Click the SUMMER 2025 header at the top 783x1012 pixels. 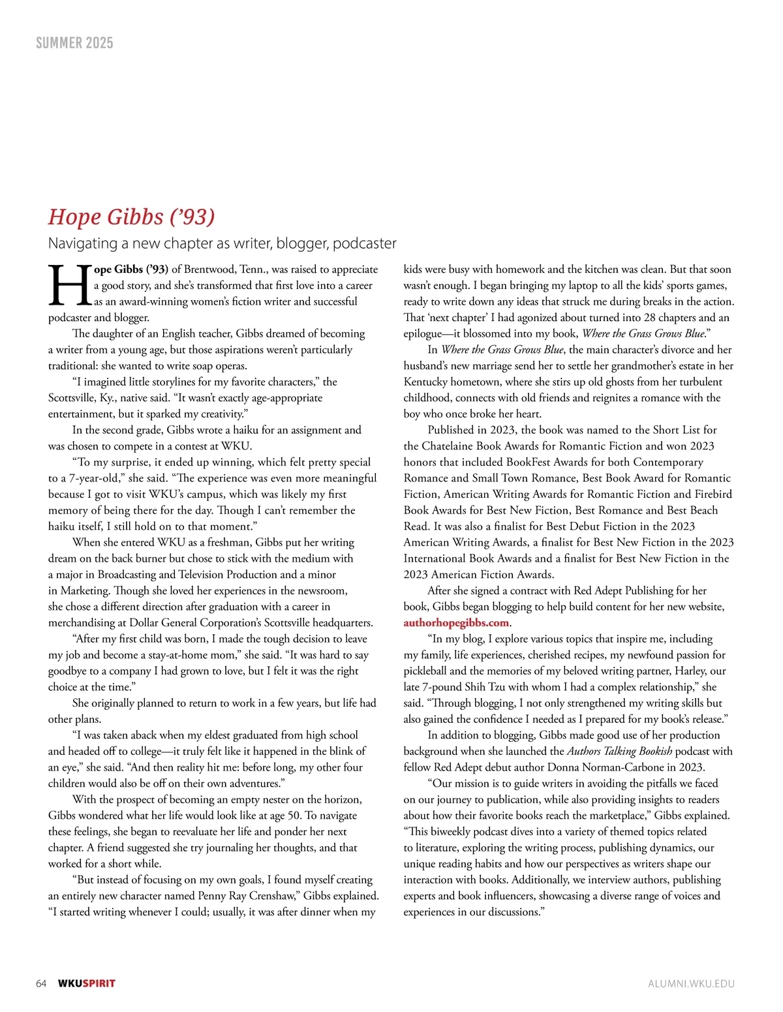point(74,43)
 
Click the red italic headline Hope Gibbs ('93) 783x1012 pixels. point(131,216)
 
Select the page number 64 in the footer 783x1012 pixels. point(41,983)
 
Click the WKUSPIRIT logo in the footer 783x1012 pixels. point(87,983)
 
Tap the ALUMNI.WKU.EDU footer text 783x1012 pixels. point(691,983)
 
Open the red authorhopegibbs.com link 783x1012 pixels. point(456,622)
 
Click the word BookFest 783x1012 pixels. point(533,463)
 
